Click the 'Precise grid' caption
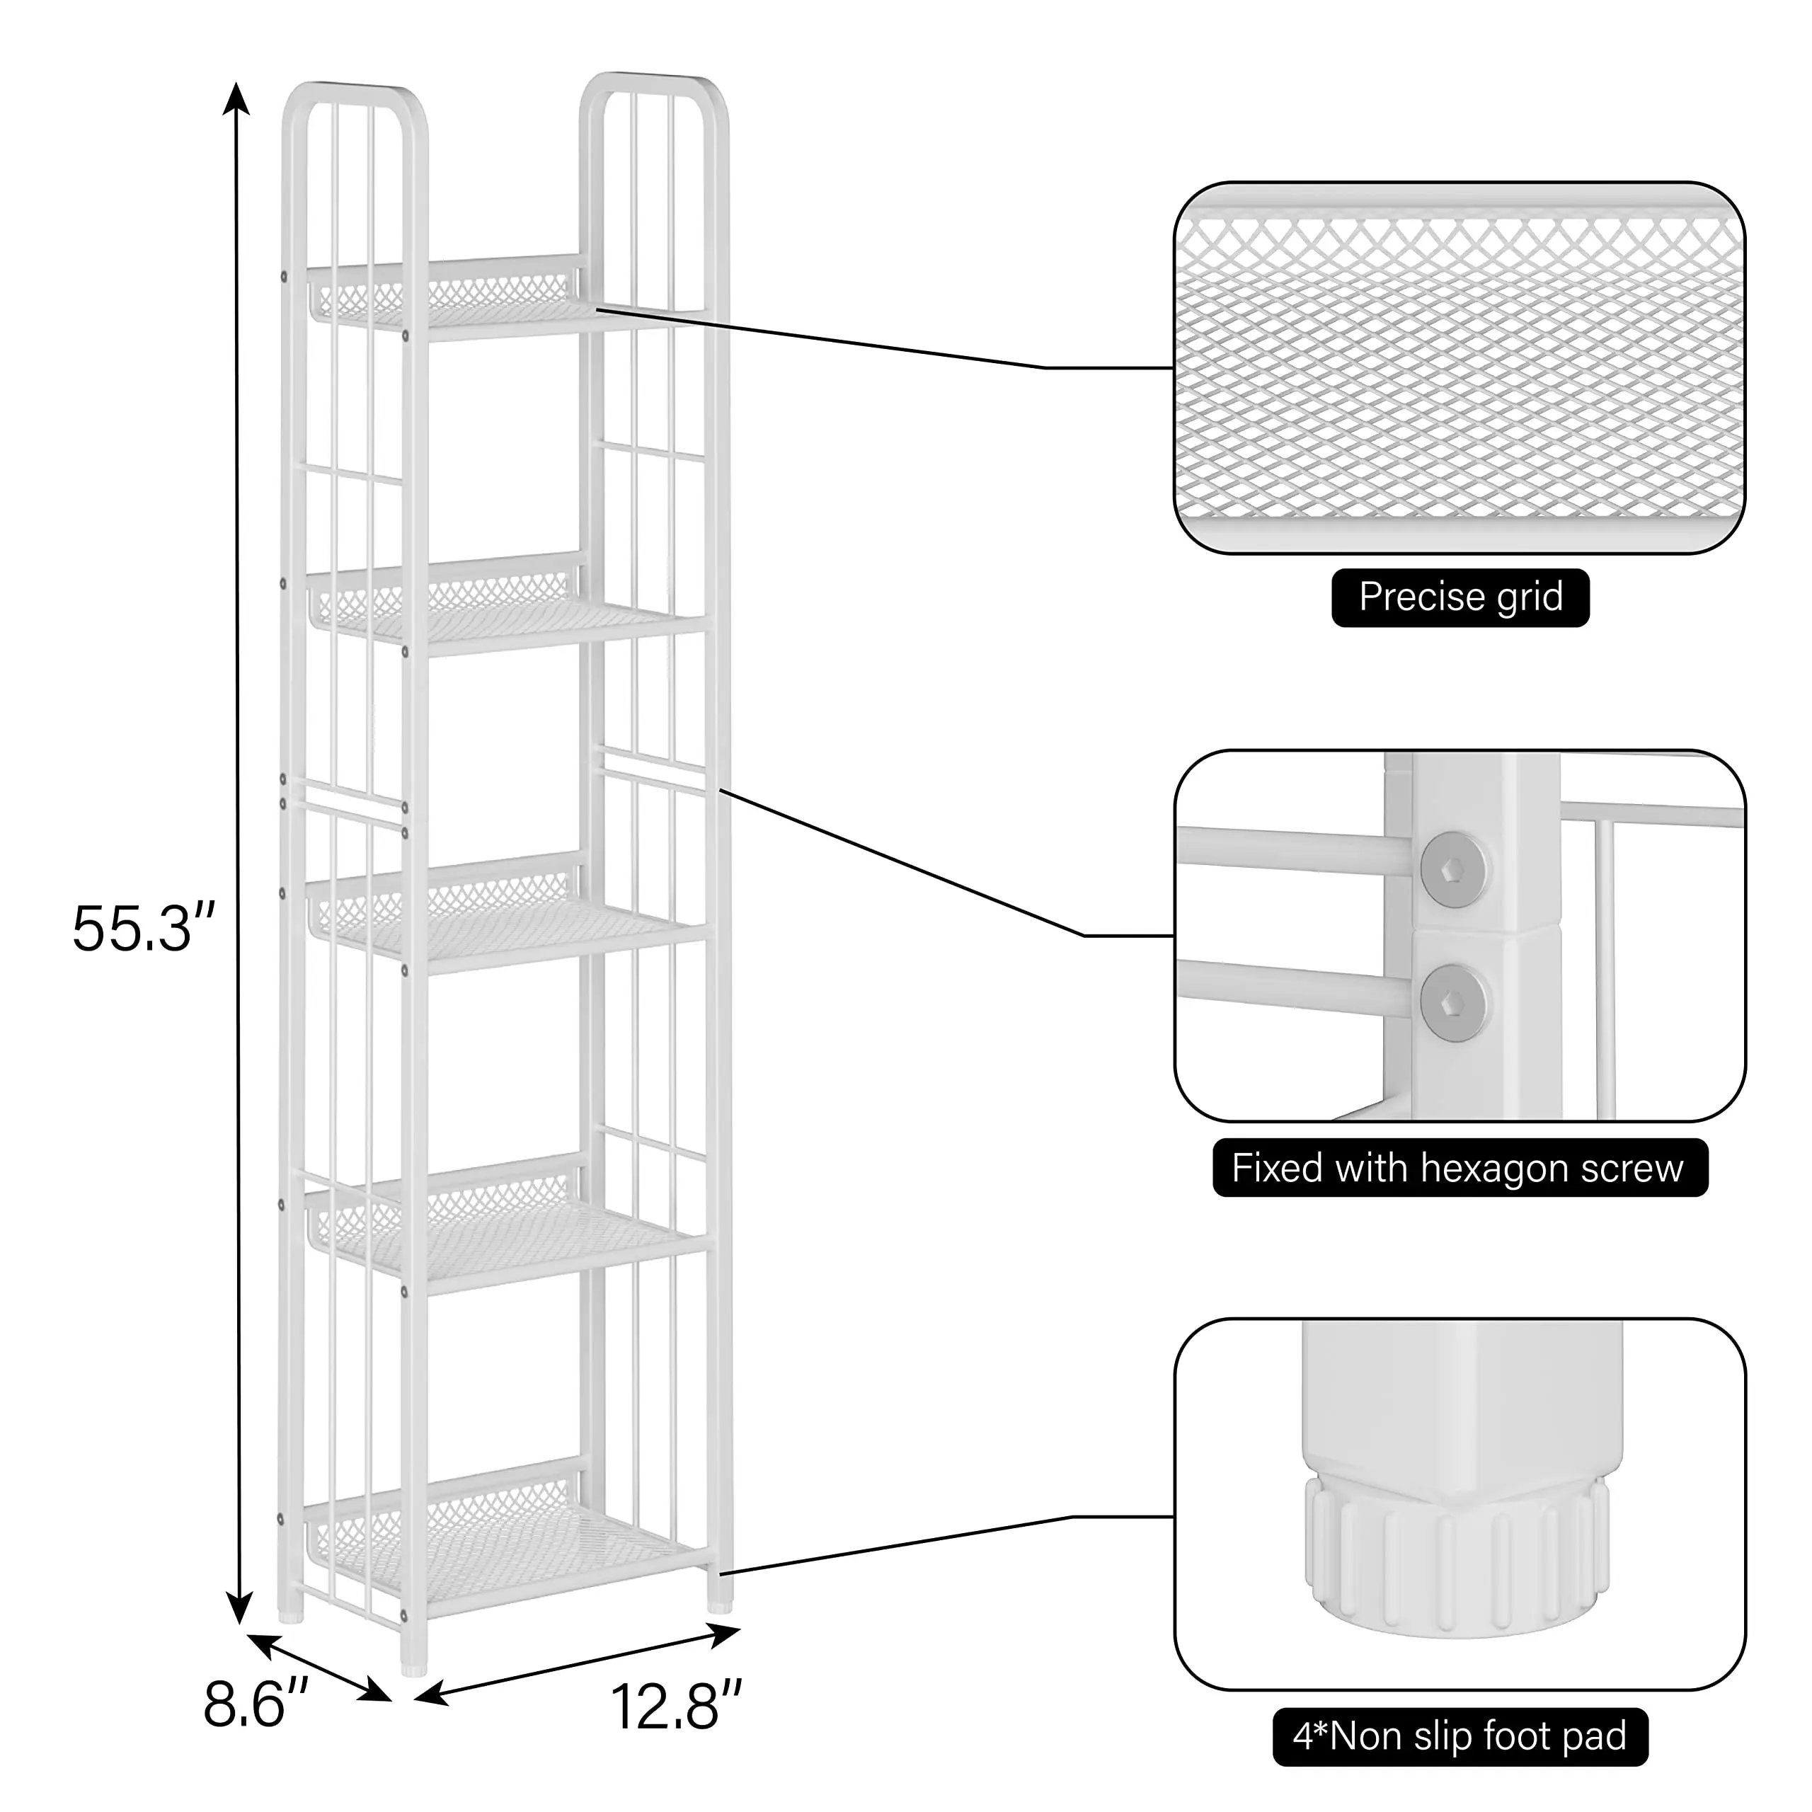[x=1460, y=597]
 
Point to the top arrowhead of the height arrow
[x=236, y=96]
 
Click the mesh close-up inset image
[x=1460, y=367]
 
